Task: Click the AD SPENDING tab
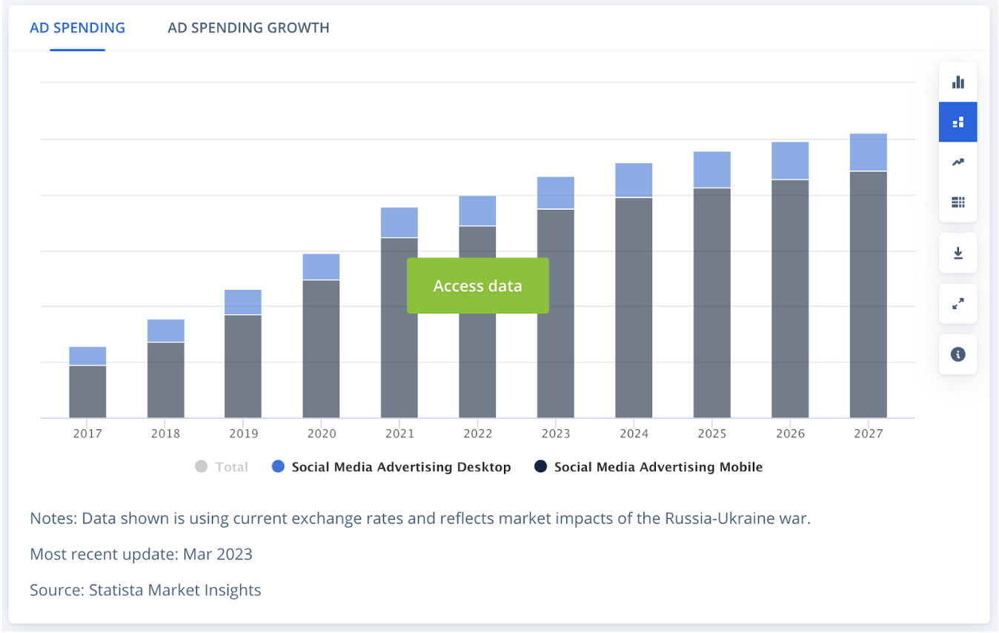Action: click(x=77, y=28)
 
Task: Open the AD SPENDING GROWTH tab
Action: click(x=248, y=28)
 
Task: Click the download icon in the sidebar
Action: click(x=957, y=253)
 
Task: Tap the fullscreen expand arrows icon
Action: click(x=957, y=304)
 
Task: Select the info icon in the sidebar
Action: click(x=957, y=354)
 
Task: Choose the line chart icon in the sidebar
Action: click(x=957, y=162)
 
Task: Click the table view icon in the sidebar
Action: click(x=957, y=202)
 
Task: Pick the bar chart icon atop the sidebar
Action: click(x=957, y=82)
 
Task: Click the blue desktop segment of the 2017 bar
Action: click(x=87, y=356)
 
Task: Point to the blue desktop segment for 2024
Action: click(x=634, y=180)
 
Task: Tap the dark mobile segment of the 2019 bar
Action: click(x=243, y=366)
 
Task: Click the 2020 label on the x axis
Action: click(x=321, y=434)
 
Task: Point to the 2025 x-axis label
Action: click(x=711, y=434)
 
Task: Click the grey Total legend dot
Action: click(x=201, y=467)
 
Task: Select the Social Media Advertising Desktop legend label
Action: click(x=401, y=467)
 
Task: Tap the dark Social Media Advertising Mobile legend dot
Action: click(x=540, y=467)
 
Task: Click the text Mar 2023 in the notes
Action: click(x=218, y=554)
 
